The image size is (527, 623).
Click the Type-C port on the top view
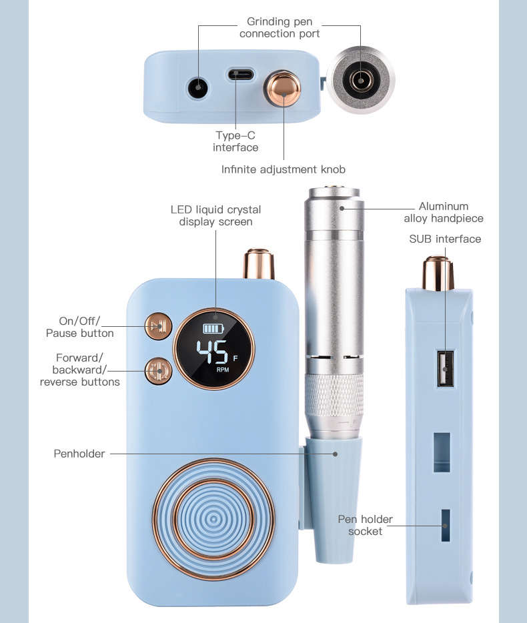coord(239,73)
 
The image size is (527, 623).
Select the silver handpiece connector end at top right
coord(360,81)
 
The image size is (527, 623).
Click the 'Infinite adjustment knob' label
coord(284,169)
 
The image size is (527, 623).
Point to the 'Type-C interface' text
coord(235,141)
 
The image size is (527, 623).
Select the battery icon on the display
coord(215,328)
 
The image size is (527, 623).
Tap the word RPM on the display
coord(222,369)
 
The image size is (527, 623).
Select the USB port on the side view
coord(444,368)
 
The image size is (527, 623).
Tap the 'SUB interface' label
coord(444,239)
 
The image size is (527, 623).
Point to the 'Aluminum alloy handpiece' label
coord(444,212)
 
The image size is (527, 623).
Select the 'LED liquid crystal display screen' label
coord(215,215)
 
